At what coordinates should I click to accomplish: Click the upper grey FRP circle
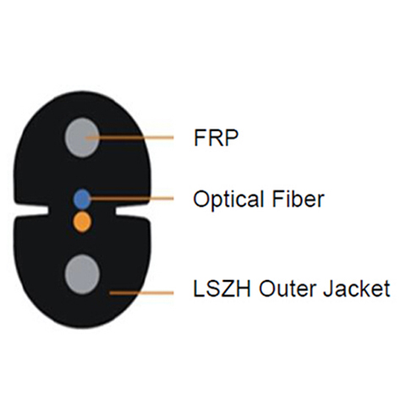tap(82, 138)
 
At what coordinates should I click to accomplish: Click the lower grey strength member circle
tap(82, 274)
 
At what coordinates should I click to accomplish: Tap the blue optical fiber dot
tap(82, 199)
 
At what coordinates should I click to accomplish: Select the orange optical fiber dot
tap(82, 222)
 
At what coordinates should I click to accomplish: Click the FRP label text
tap(216, 138)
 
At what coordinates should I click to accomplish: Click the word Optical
tap(229, 200)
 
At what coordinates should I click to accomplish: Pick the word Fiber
tap(298, 199)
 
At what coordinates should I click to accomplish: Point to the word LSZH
tap(222, 288)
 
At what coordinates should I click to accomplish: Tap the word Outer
tap(288, 288)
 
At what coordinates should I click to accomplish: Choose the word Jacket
tap(356, 288)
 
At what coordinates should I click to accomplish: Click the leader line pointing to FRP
tap(129, 138)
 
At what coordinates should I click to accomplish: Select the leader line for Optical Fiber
tap(130, 199)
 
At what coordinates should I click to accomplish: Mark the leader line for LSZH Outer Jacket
tap(141, 294)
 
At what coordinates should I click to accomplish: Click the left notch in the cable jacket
tap(31, 210)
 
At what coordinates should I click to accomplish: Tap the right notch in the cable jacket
tap(133, 209)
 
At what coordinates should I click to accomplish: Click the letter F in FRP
tap(200, 138)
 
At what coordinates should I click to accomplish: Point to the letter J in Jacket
tap(328, 288)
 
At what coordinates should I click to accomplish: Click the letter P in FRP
tap(232, 138)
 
